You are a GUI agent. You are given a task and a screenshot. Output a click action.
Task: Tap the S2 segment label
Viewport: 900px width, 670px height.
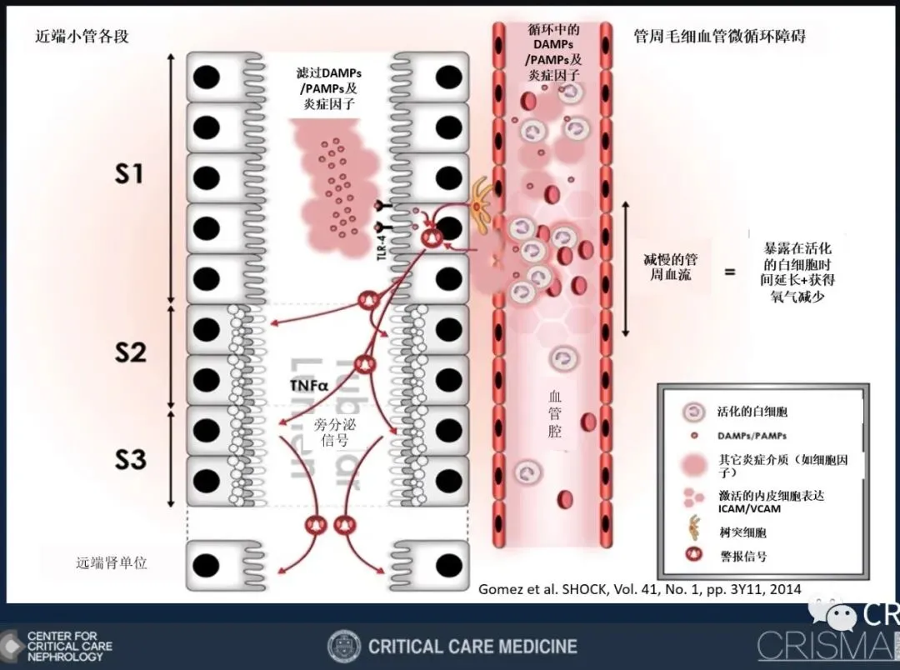tap(130, 352)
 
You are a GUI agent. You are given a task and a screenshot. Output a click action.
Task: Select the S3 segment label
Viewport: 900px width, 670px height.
tap(130, 460)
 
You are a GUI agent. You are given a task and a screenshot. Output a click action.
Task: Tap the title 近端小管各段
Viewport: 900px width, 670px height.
tap(82, 37)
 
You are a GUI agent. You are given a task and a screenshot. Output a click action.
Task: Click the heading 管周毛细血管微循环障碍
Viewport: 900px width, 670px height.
tap(719, 37)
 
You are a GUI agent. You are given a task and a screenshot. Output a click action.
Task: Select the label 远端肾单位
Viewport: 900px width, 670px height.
tap(111, 562)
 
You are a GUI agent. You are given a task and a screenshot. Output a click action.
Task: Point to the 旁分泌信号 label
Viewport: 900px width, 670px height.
tap(333, 432)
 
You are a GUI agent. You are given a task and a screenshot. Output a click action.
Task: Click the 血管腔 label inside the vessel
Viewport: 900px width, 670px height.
tap(554, 414)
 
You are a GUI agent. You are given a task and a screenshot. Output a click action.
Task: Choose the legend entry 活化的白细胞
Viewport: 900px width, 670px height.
tap(752, 412)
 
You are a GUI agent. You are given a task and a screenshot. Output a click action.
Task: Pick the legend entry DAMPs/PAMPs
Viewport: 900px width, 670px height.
tap(752, 436)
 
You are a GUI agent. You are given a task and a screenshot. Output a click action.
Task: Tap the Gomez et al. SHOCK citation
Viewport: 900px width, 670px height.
tap(639, 589)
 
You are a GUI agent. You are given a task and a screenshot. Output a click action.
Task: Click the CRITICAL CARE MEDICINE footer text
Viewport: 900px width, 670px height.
tap(472, 647)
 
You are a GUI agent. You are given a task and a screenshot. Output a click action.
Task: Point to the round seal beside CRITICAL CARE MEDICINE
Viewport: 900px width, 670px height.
tap(344, 647)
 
